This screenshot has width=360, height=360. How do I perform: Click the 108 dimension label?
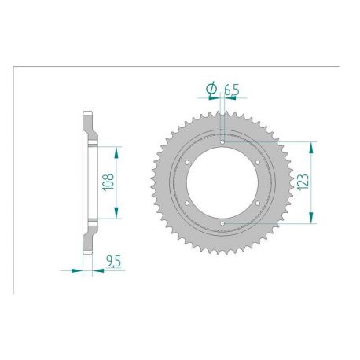coord(108,183)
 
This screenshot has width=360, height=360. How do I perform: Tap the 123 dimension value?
coord(303,182)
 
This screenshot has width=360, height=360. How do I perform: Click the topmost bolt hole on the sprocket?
coord(223,141)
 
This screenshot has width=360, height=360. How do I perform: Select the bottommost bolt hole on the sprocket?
coord(223,224)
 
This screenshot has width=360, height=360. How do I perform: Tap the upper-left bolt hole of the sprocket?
coord(188,162)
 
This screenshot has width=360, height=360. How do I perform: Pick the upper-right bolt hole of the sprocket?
coord(259,162)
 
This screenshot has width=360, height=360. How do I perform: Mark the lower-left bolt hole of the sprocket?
coord(188,204)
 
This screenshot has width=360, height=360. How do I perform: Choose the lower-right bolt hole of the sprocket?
coord(259,204)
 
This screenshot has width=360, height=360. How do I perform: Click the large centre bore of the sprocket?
coord(223,182)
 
